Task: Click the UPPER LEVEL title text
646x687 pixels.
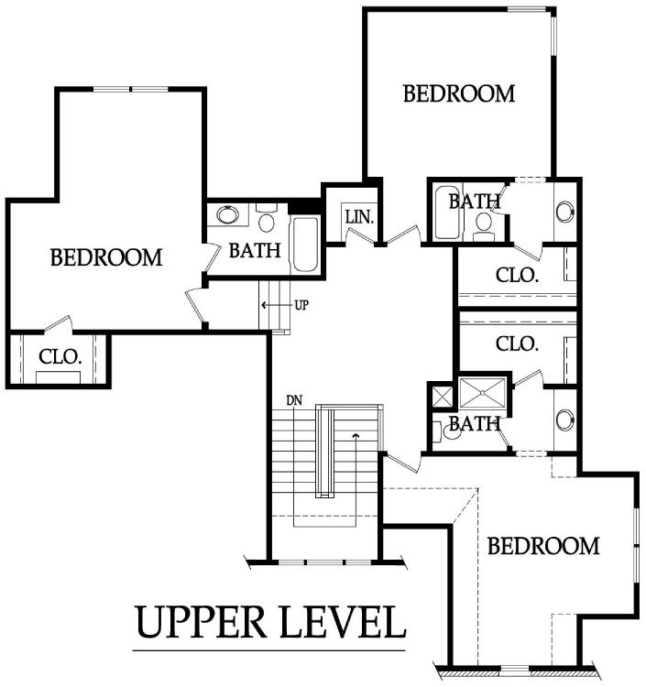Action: coord(270,622)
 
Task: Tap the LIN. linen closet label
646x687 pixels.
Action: coord(359,217)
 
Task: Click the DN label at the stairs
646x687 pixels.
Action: coord(294,400)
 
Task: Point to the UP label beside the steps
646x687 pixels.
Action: coord(301,305)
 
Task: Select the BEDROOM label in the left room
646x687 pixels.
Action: coord(106,257)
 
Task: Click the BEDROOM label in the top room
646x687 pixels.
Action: coord(459,93)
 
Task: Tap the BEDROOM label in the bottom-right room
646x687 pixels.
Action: coord(543,546)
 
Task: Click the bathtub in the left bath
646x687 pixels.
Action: coord(305,244)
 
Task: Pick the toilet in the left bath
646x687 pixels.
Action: coord(266,217)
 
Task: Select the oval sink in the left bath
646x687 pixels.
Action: coord(228,214)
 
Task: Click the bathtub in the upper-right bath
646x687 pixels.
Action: coord(447,213)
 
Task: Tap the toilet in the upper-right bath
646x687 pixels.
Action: coord(484,226)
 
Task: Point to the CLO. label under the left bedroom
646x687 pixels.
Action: coord(60,356)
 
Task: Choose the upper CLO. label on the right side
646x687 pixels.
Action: coord(517,275)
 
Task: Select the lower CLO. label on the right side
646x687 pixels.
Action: coord(517,343)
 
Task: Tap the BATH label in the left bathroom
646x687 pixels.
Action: coord(255,251)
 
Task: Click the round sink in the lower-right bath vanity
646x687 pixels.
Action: coord(565,420)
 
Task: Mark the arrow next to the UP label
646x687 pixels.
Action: coord(276,305)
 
